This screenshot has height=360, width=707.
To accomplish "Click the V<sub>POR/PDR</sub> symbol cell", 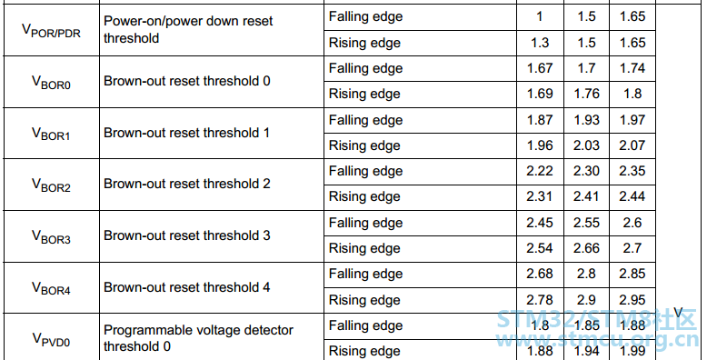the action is tap(52, 31).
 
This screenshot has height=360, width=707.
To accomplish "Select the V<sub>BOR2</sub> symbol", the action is tap(52, 185).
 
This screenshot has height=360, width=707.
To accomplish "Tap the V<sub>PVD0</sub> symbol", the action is tap(52, 339).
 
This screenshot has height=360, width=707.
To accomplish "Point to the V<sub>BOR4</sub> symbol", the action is tap(52, 288).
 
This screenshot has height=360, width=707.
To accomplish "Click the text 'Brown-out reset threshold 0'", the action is tap(187, 81).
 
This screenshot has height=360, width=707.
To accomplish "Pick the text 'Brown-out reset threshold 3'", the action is tap(187, 235).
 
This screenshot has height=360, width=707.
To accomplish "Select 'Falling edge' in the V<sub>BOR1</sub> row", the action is tap(365, 120).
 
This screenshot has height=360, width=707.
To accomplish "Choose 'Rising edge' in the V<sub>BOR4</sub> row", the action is tap(364, 300).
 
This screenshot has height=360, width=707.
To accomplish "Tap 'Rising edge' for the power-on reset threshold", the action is tap(364, 43).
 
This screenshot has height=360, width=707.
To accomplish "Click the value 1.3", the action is tap(540, 43).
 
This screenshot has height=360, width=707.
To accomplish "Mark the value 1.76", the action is tap(587, 94).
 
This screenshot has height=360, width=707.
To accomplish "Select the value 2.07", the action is tap(632, 145).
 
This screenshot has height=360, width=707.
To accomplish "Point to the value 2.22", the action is tap(540, 171).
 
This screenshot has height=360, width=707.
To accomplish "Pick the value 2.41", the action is tap(587, 196).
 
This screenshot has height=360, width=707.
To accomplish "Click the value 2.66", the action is tap(587, 248).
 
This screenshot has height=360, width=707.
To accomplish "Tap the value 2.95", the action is tap(632, 300).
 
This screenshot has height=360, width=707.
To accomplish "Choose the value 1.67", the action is tap(540, 68).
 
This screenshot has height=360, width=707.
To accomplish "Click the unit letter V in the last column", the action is tap(678, 313).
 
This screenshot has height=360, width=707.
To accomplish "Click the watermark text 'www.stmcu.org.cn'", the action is tap(596, 341).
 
